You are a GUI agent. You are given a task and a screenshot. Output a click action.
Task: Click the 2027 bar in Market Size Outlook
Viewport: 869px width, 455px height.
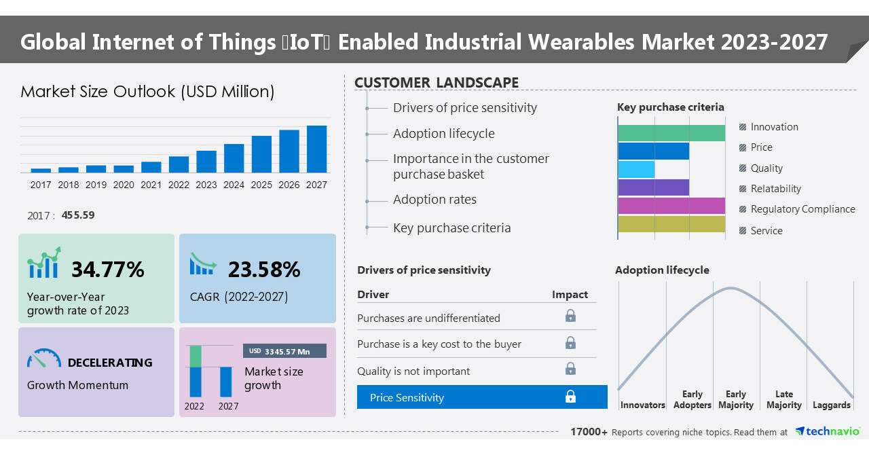pos(316,149)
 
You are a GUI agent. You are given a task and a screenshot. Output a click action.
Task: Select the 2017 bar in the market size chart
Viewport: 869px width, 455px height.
pos(41,170)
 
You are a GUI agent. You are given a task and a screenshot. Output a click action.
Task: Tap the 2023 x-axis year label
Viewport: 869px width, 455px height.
pos(206,185)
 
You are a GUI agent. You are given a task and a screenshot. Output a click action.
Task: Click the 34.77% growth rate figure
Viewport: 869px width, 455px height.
pos(108,270)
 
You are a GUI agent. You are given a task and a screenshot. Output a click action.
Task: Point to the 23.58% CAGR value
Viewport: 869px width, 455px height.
pos(264,270)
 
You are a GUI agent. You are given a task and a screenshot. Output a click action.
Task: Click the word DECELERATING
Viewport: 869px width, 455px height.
pos(110,363)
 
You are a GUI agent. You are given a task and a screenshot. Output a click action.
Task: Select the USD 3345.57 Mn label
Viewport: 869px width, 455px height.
pos(284,351)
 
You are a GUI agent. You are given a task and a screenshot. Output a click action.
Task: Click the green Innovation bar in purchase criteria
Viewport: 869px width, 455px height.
pos(671,132)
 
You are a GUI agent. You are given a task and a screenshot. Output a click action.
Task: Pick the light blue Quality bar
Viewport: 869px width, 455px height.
pos(637,169)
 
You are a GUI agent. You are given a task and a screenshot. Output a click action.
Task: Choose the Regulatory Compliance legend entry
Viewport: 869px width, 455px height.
pos(802,209)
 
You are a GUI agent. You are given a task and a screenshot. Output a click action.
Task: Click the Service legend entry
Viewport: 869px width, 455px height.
pos(766,231)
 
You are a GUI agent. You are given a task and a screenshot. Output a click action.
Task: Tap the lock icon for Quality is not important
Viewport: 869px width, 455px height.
pos(571,369)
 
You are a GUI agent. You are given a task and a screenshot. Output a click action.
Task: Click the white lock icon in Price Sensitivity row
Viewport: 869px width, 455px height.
pos(571,397)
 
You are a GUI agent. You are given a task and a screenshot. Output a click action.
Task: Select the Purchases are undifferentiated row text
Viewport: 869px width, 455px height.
pos(428,318)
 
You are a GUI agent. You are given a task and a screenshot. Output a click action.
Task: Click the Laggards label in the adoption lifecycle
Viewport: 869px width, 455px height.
pos(831,405)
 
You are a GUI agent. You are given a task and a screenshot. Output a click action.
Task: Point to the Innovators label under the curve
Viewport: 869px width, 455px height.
pos(642,405)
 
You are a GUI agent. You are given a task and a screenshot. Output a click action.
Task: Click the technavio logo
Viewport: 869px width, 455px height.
pos(827,431)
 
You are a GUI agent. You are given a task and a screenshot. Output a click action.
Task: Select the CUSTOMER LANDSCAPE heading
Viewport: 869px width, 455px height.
pos(437,83)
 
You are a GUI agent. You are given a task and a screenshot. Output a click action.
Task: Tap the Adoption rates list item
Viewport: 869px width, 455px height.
pos(434,200)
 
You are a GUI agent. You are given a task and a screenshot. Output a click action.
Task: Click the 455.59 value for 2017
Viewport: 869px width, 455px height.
pos(78,215)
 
